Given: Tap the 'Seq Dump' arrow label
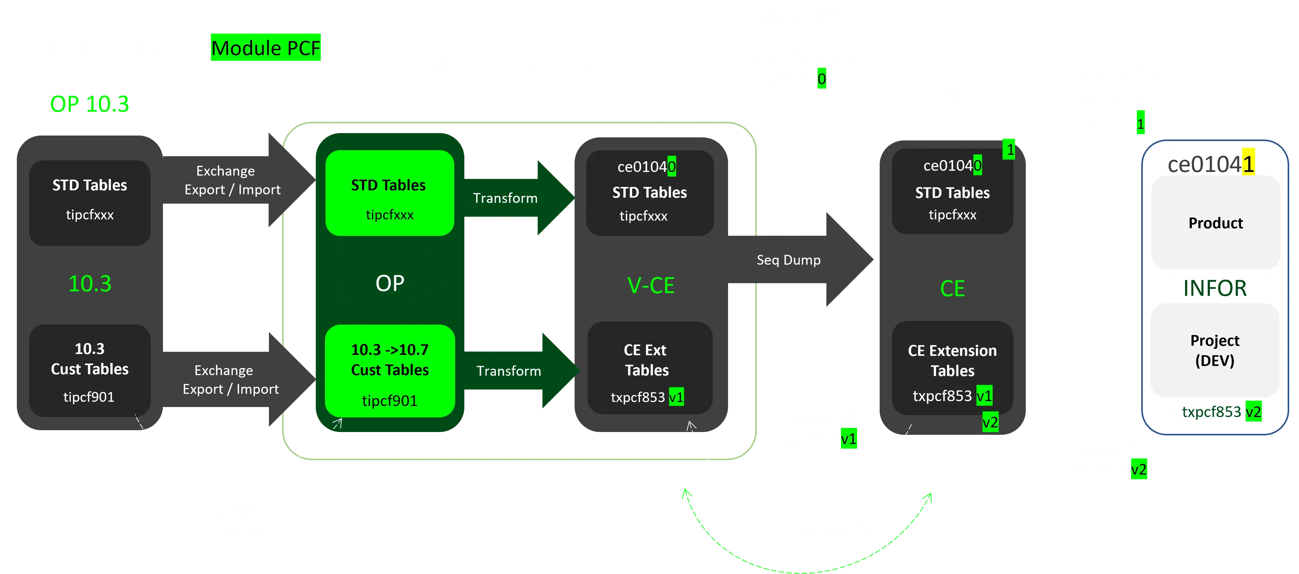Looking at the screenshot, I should click(788, 260).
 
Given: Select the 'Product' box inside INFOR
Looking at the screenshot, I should click(1215, 223).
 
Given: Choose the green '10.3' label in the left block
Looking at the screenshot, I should click(90, 284).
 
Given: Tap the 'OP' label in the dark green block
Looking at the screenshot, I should click(390, 284).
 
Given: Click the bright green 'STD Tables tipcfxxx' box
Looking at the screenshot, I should click(389, 193).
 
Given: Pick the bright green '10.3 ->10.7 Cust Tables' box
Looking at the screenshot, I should click(390, 371).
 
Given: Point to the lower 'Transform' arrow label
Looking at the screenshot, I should click(508, 371).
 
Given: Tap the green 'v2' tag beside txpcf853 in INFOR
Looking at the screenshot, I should click(1253, 412).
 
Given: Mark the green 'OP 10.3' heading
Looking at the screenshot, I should click(89, 104).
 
